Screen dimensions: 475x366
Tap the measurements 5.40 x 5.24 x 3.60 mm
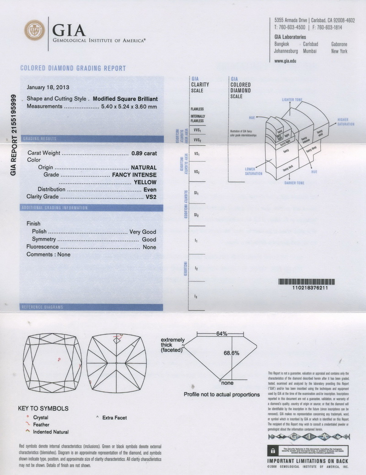point(129,106)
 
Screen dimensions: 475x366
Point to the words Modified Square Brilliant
point(125,98)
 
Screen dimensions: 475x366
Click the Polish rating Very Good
point(143,232)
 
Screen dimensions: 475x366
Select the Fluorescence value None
point(149,247)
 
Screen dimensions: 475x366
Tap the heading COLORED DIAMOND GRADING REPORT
point(73,69)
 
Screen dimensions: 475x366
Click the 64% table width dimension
point(221,334)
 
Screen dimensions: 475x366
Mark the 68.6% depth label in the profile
point(231,353)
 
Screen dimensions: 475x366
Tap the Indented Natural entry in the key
point(51,432)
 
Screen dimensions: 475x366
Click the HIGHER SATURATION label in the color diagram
point(346,122)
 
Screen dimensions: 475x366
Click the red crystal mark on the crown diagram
point(59,360)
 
